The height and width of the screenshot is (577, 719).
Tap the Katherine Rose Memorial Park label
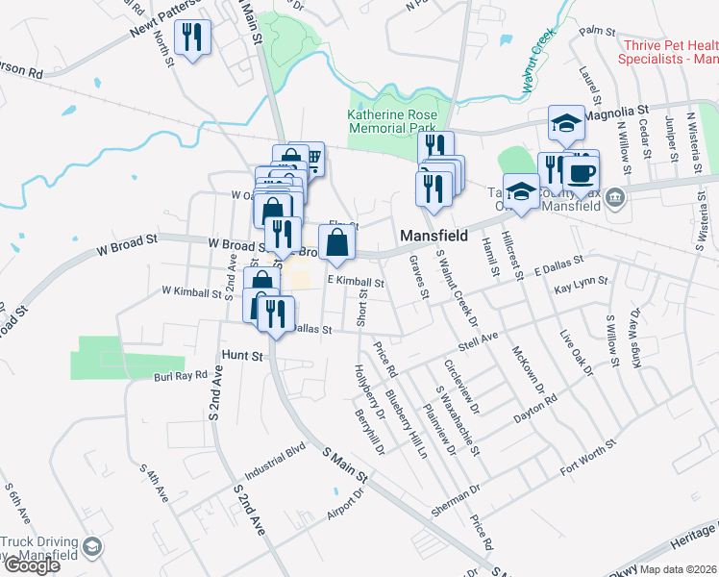point(392,121)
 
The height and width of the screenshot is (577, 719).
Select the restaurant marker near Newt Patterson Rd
point(192,38)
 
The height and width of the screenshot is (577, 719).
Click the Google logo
point(31,565)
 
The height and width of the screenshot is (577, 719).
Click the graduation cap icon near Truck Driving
point(92,548)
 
